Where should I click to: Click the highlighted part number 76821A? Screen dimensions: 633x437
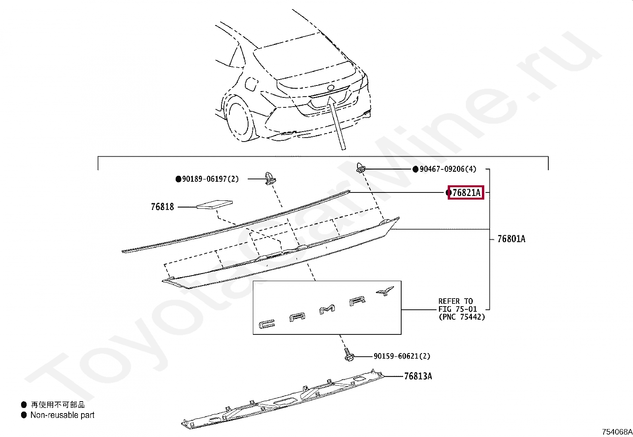click(466, 193)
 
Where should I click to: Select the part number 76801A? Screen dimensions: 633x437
click(511, 239)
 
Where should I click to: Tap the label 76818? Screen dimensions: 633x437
click(162, 207)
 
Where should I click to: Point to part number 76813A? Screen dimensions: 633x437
click(418, 376)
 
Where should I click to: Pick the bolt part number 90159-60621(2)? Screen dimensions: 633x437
click(402, 356)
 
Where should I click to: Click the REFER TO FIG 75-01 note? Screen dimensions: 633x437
click(461, 309)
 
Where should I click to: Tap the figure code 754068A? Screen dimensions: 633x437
click(616, 432)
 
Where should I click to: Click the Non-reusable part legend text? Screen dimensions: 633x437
click(62, 415)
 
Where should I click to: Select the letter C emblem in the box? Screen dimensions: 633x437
click(265, 324)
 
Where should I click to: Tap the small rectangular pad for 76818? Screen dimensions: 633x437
click(215, 204)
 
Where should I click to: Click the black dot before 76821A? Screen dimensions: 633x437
click(449, 193)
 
